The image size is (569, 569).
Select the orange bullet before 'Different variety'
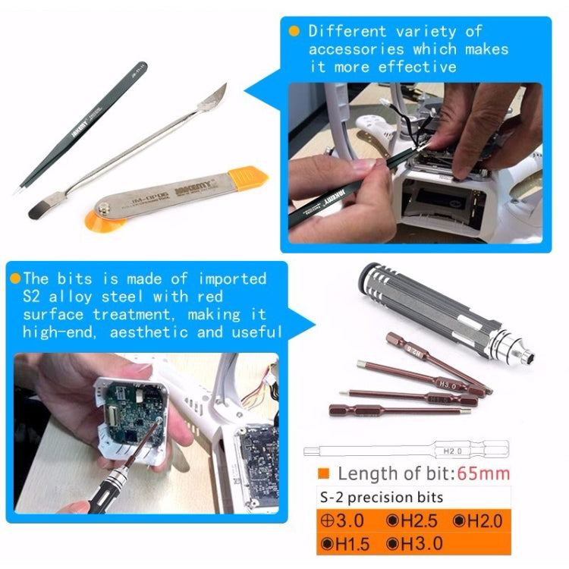pos(294,31)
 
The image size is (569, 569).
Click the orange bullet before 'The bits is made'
pos(15,278)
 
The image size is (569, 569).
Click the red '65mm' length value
pos(483,474)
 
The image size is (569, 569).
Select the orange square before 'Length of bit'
pos(323,474)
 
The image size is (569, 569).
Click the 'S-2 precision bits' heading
pos(372,498)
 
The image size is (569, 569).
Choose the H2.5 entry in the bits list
pos(413,520)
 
